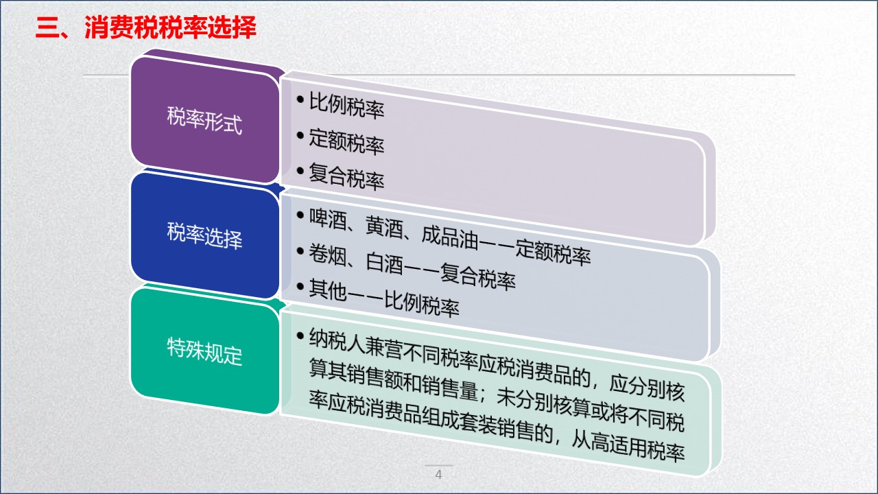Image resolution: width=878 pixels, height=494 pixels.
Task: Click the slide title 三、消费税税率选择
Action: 145,29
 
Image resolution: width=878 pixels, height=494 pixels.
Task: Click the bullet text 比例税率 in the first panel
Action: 346,108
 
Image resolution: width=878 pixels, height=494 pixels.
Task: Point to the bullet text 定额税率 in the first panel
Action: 346,142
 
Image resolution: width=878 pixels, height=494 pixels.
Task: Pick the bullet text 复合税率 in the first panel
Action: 346,177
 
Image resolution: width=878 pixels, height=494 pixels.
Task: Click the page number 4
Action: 439,475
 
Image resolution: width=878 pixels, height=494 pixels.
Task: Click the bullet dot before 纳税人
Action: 300,336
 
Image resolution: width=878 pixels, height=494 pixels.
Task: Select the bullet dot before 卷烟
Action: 300,251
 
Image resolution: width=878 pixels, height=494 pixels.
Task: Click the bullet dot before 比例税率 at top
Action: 300,100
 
